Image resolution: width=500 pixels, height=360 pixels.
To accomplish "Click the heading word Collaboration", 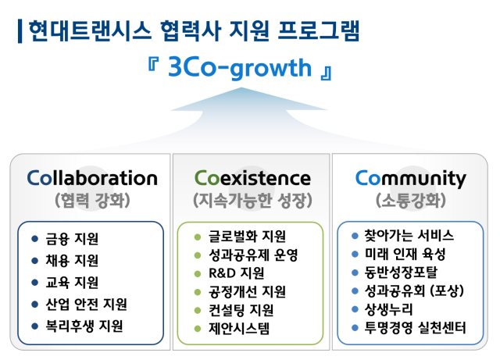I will [x=91, y=178].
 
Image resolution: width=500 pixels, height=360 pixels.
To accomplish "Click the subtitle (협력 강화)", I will [x=91, y=201].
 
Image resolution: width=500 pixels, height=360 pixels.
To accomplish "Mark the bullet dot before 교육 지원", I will [x=34, y=282].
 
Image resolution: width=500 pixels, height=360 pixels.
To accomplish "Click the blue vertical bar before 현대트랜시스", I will [x=20, y=31].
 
